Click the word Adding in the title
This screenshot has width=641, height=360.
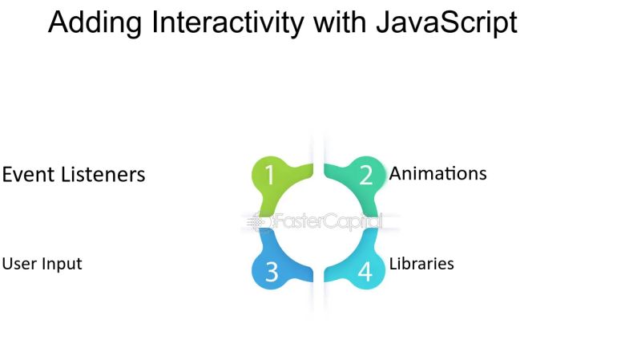tap(87, 23)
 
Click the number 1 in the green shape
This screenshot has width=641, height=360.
tap(269, 175)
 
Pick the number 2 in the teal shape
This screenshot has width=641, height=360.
tap(366, 175)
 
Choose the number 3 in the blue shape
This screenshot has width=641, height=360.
tap(271, 273)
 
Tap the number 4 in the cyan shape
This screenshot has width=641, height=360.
tap(365, 273)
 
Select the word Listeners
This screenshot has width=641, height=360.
tap(104, 174)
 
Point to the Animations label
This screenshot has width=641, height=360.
tap(437, 173)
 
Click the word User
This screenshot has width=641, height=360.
tap(18, 263)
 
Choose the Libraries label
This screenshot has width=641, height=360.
tap(421, 263)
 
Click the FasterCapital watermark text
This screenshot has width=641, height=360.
tap(329, 222)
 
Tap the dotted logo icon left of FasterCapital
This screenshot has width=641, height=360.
tap(258, 222)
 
